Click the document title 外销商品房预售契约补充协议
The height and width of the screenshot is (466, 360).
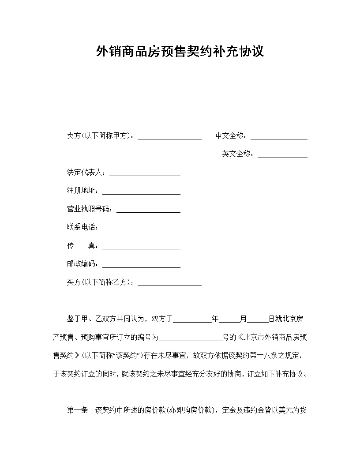coord(180,52)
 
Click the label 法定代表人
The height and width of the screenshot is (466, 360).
coord(86,173)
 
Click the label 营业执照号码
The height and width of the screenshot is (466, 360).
coord(90,209)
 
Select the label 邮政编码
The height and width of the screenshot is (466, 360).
coord(82,264)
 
